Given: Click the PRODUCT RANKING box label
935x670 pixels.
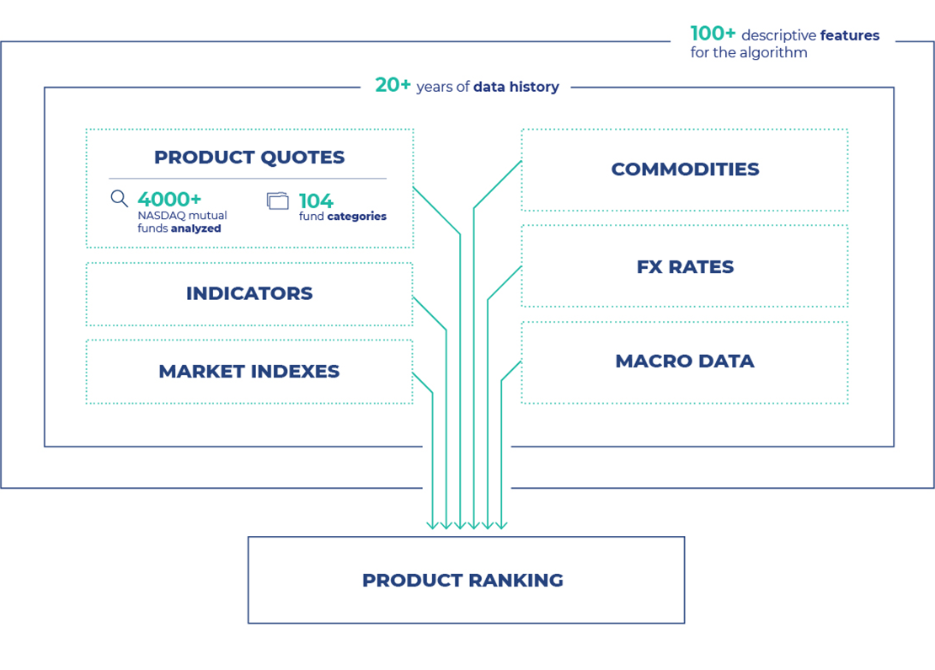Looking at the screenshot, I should point(462,580).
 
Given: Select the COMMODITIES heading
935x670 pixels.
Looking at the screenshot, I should point(685,169).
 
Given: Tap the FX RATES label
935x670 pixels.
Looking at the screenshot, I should point(685,266).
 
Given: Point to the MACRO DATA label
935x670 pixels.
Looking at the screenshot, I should point(685,361).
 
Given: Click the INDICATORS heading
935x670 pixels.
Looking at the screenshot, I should point(249,293).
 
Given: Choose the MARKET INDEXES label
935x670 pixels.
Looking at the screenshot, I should point(249,371).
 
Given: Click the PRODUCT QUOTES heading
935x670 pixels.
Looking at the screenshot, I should point(249,157).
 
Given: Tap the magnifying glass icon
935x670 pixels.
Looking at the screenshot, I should point(120,199).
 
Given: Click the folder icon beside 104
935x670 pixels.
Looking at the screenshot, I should point(277,201).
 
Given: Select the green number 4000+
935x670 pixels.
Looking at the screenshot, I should point(169,199).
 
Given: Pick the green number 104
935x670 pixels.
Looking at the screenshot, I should point(316,201).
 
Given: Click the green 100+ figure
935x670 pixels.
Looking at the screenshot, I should point(713,34).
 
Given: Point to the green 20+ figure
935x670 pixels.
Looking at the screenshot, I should point(393,85).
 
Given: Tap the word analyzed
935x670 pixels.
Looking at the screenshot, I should point(195,228).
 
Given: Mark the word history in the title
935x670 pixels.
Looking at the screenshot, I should point(536,86).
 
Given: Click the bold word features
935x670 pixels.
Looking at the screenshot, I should point(849,35).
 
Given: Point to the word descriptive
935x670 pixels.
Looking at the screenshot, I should point(779,35).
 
